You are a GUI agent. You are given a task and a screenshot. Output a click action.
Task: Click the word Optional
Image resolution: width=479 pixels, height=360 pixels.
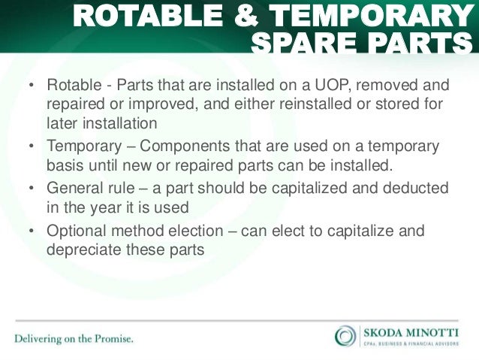75,231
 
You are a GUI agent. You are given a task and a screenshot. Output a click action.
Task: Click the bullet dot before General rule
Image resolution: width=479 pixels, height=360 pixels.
32,188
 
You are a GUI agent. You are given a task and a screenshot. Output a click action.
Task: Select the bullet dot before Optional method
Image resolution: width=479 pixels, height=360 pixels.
32,231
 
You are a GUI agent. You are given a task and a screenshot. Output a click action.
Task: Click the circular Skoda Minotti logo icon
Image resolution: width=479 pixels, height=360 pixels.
345,334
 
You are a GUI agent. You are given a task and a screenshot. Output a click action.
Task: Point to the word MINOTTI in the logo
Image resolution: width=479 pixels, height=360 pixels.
436,331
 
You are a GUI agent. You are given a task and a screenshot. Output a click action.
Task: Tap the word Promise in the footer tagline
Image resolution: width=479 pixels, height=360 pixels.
111,339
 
